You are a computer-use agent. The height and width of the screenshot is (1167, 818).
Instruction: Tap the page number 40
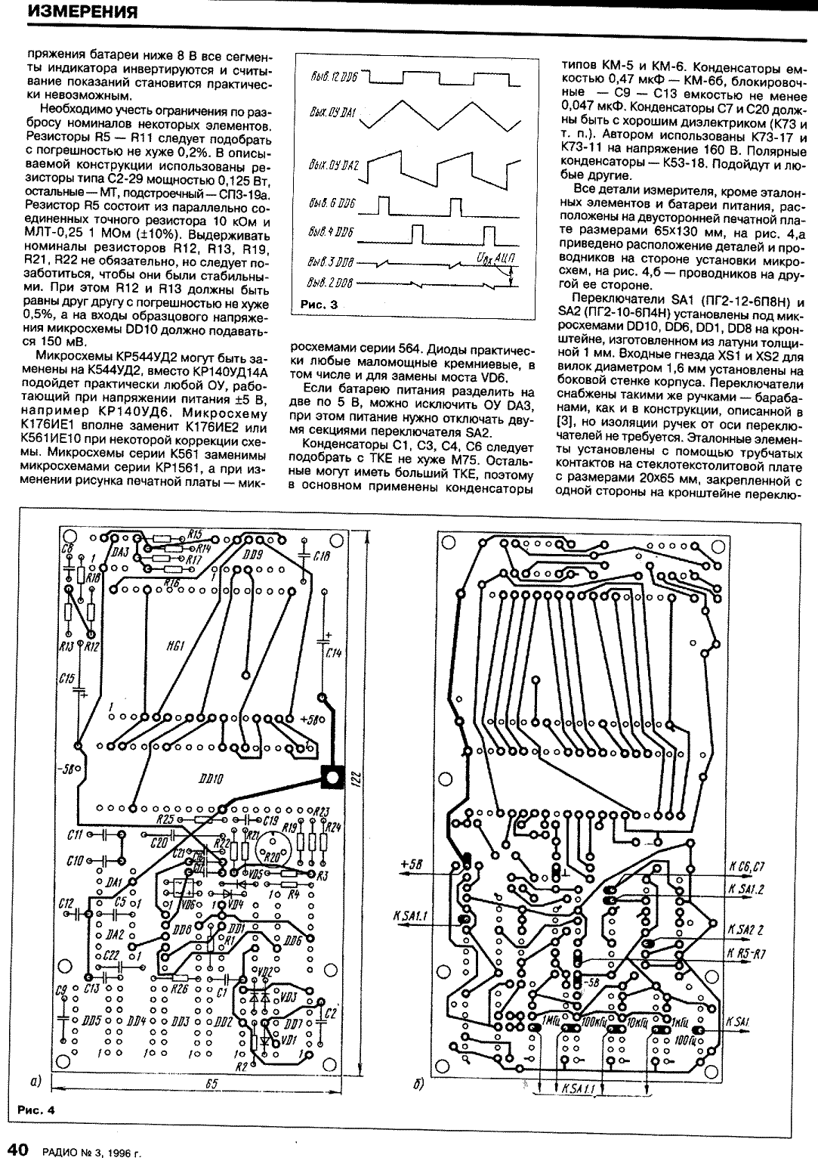coord(18,1150)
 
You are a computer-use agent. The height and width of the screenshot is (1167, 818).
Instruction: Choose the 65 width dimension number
coord(212,1084)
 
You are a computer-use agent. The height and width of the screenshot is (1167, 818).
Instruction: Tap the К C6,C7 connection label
coord(748,866)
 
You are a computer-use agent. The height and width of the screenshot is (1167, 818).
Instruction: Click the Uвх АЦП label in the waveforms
coord(494,258)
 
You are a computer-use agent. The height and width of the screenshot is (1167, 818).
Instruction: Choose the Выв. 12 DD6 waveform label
coord(332,78)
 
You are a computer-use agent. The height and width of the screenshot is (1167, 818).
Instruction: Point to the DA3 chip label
coord(119,553)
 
